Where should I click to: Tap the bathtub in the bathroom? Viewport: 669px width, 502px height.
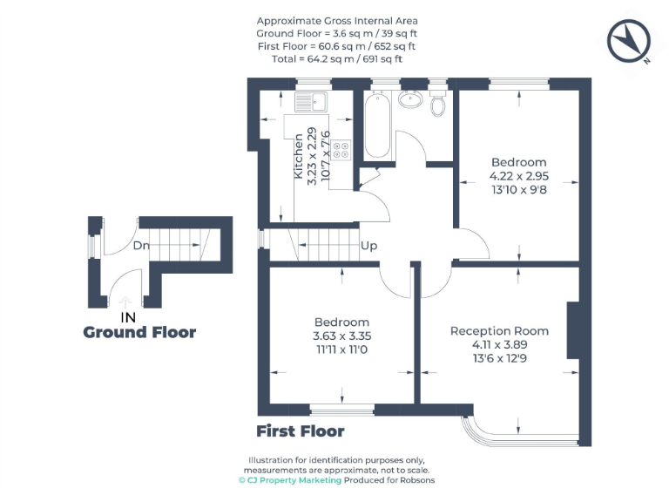377,127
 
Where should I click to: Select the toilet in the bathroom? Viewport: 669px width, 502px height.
439,104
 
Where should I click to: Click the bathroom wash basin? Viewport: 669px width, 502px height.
408,98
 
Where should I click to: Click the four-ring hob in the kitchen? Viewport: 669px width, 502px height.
341,150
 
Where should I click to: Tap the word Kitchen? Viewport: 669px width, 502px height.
299,157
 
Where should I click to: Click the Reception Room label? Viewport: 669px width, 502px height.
499,331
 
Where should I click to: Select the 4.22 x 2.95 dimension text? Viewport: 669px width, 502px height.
519,175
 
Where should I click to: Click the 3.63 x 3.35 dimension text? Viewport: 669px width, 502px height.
341,336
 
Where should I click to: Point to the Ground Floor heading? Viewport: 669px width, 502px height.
139,332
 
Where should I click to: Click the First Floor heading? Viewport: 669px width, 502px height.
301,431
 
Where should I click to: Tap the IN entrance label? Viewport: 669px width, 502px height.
127,317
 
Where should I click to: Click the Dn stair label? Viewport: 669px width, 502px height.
142,245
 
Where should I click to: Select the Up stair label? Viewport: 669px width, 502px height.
369,246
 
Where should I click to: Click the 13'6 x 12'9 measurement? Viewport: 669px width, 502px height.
499,357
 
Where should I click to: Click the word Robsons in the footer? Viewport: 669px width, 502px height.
416,480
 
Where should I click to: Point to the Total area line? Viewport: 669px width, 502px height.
337,58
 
